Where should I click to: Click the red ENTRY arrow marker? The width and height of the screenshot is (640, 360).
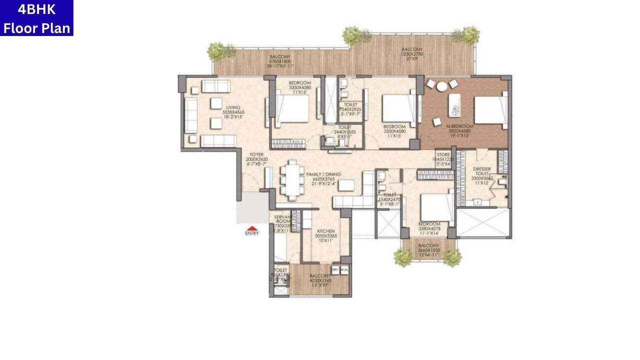(252, 228)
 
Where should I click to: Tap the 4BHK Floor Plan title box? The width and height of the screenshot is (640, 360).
(36, 18)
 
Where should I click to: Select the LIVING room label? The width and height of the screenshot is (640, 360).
(233, 107)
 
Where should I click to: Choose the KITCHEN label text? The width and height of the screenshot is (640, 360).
(325, 232)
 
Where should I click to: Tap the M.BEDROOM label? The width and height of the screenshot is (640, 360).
(459, 126)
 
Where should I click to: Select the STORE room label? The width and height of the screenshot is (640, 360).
(443, 155)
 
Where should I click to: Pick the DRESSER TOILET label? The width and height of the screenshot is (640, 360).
(482, 172)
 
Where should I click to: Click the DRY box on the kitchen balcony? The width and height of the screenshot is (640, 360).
(335, 270)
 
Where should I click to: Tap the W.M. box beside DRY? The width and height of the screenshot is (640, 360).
(344, 270)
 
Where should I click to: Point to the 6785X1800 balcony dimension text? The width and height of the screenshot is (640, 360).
(280, 61)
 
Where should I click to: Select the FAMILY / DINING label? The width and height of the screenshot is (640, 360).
(326, 174)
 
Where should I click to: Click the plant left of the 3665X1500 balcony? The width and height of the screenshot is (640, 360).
(403, 257)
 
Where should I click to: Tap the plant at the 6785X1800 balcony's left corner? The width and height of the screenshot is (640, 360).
(220, 50)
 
